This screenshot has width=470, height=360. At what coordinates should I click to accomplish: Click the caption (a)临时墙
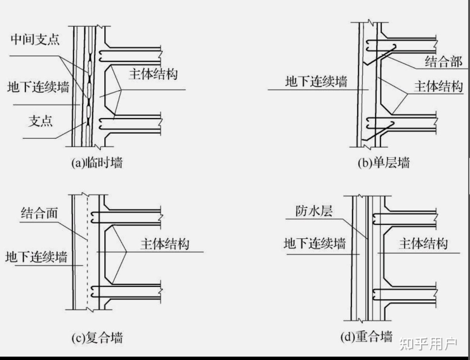[97, 162]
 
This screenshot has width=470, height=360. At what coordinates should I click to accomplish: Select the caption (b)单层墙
[383, 162]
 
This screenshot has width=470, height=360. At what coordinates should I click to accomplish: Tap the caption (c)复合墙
[97, 337]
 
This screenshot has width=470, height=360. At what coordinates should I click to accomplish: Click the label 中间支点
[35, 39]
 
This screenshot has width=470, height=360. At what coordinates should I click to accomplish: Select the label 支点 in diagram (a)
[41, 121]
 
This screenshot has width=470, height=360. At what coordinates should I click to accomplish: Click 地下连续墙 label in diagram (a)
[38, 87]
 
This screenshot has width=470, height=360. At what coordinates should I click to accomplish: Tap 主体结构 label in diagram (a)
[153, 74]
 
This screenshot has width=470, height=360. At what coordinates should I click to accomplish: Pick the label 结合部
[443, 61]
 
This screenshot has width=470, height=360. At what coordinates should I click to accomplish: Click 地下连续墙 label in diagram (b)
[316, 81]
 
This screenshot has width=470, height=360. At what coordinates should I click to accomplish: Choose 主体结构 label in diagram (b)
[438, 87]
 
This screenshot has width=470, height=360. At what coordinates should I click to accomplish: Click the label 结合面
[39, 213]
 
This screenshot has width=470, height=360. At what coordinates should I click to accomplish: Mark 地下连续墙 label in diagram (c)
[36, 257]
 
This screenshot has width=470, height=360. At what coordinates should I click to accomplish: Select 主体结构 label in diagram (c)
[165, 244]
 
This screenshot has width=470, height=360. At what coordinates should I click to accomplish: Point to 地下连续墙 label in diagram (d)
[315, 243]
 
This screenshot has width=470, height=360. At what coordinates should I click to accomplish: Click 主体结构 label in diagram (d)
[423, 244]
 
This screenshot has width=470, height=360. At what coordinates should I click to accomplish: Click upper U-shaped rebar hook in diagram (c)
[94, 217]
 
